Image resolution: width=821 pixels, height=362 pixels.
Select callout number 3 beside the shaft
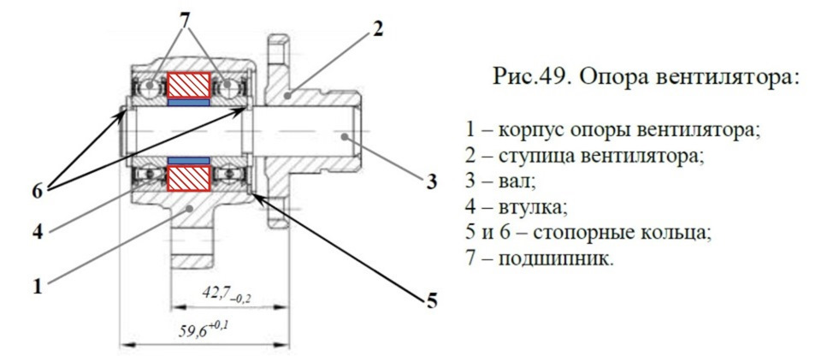[432, 181]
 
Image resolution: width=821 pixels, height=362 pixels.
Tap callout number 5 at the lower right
[433, 300]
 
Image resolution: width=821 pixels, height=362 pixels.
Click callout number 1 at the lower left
[37, 288]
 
